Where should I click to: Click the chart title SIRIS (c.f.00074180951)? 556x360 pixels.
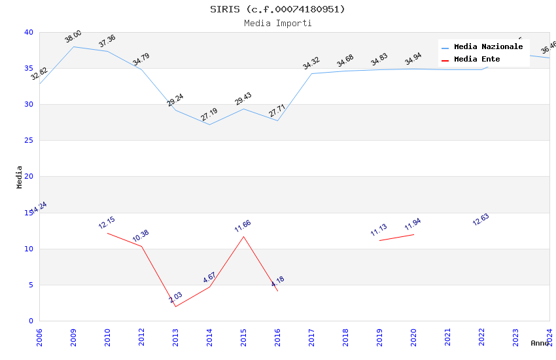[277, 9]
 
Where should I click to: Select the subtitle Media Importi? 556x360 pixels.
[277, 23]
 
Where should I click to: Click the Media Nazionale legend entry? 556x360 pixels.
[488, 47]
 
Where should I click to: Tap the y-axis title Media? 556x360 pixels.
[20, 177]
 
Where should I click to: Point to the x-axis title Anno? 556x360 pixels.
[540, 343]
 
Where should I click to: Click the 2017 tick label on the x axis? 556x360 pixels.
[311, 335]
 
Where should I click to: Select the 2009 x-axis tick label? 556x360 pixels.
[73, 335]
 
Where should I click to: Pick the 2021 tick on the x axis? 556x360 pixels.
[447, 335]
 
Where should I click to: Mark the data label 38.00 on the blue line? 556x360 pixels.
[73, 37]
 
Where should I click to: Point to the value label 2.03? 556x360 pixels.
[175, 298]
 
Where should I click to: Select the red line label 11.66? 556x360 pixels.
[243, 226]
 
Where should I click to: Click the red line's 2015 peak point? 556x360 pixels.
[243, 236]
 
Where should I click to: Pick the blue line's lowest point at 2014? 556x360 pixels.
[209, 124]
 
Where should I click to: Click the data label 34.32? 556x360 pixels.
[311, 63]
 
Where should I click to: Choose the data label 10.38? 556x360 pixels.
[141, 236]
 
